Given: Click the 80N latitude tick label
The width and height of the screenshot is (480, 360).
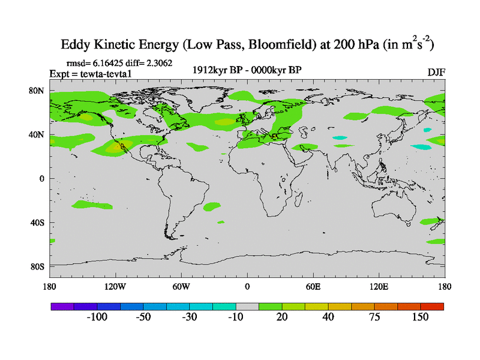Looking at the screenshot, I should (x=37, y=91).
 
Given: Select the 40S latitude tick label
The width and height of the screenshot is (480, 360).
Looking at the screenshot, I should (x=37, y=223).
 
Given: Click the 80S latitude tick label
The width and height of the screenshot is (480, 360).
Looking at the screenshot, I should (x=37, y=266).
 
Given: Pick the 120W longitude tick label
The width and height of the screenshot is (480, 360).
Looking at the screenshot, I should (x=115, y=286).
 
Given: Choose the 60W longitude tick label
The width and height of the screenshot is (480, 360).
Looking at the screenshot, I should (x=181, y=286).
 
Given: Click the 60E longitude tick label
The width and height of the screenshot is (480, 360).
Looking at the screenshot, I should (x=313, y=286).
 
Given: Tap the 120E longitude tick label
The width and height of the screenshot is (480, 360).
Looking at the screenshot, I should (x=379, y=286).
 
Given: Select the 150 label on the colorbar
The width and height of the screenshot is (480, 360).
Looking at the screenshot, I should (x=420, y=317).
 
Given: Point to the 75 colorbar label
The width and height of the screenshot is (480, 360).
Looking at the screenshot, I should (x=374, y=317).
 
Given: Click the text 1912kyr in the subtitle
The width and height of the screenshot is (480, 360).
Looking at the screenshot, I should (x=210, y=70).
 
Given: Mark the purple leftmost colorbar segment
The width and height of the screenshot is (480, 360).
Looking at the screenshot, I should (x=62, y=306).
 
